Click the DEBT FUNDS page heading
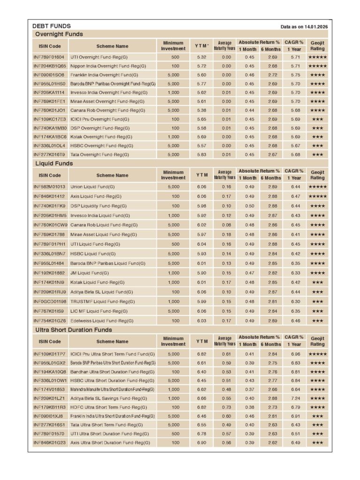52,26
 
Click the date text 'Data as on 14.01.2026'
304,27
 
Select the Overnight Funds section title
59,34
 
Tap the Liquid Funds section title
54,164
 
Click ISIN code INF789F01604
49,57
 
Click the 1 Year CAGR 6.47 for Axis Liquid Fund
295,196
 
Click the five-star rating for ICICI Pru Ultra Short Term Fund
317,354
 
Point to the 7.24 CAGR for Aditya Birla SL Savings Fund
295,398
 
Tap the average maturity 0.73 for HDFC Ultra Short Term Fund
226,407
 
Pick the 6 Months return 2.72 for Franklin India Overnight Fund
272,75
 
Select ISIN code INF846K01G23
49,442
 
